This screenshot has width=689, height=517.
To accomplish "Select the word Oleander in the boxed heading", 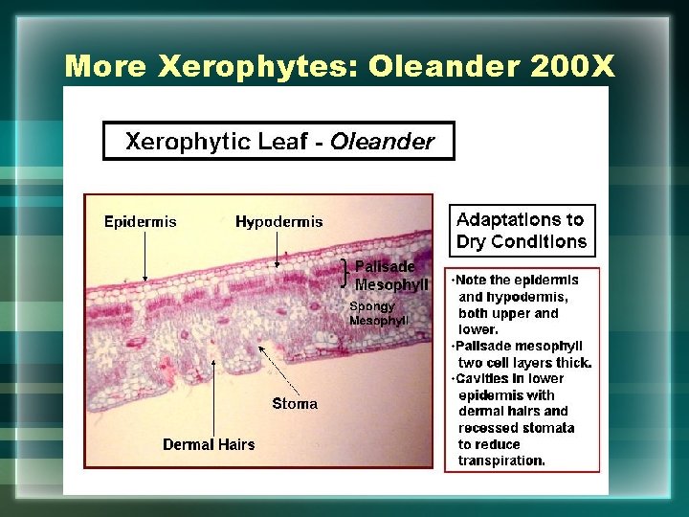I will [382, 143].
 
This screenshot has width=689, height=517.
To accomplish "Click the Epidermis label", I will [140, 222].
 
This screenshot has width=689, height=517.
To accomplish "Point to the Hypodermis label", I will [278, 222].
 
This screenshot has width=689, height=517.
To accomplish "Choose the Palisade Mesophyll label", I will [385, 276].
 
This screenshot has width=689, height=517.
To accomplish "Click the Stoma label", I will [294, 404].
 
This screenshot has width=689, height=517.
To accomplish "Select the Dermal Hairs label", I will [209, 444].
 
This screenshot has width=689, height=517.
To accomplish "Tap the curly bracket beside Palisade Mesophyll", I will [345, 274].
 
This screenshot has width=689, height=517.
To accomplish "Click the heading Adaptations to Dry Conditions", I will [522, 231].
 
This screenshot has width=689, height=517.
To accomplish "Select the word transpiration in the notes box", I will [501, 461].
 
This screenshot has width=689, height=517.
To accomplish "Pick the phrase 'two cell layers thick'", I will [524, 363].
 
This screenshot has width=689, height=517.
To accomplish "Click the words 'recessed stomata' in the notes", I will [516, 428].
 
